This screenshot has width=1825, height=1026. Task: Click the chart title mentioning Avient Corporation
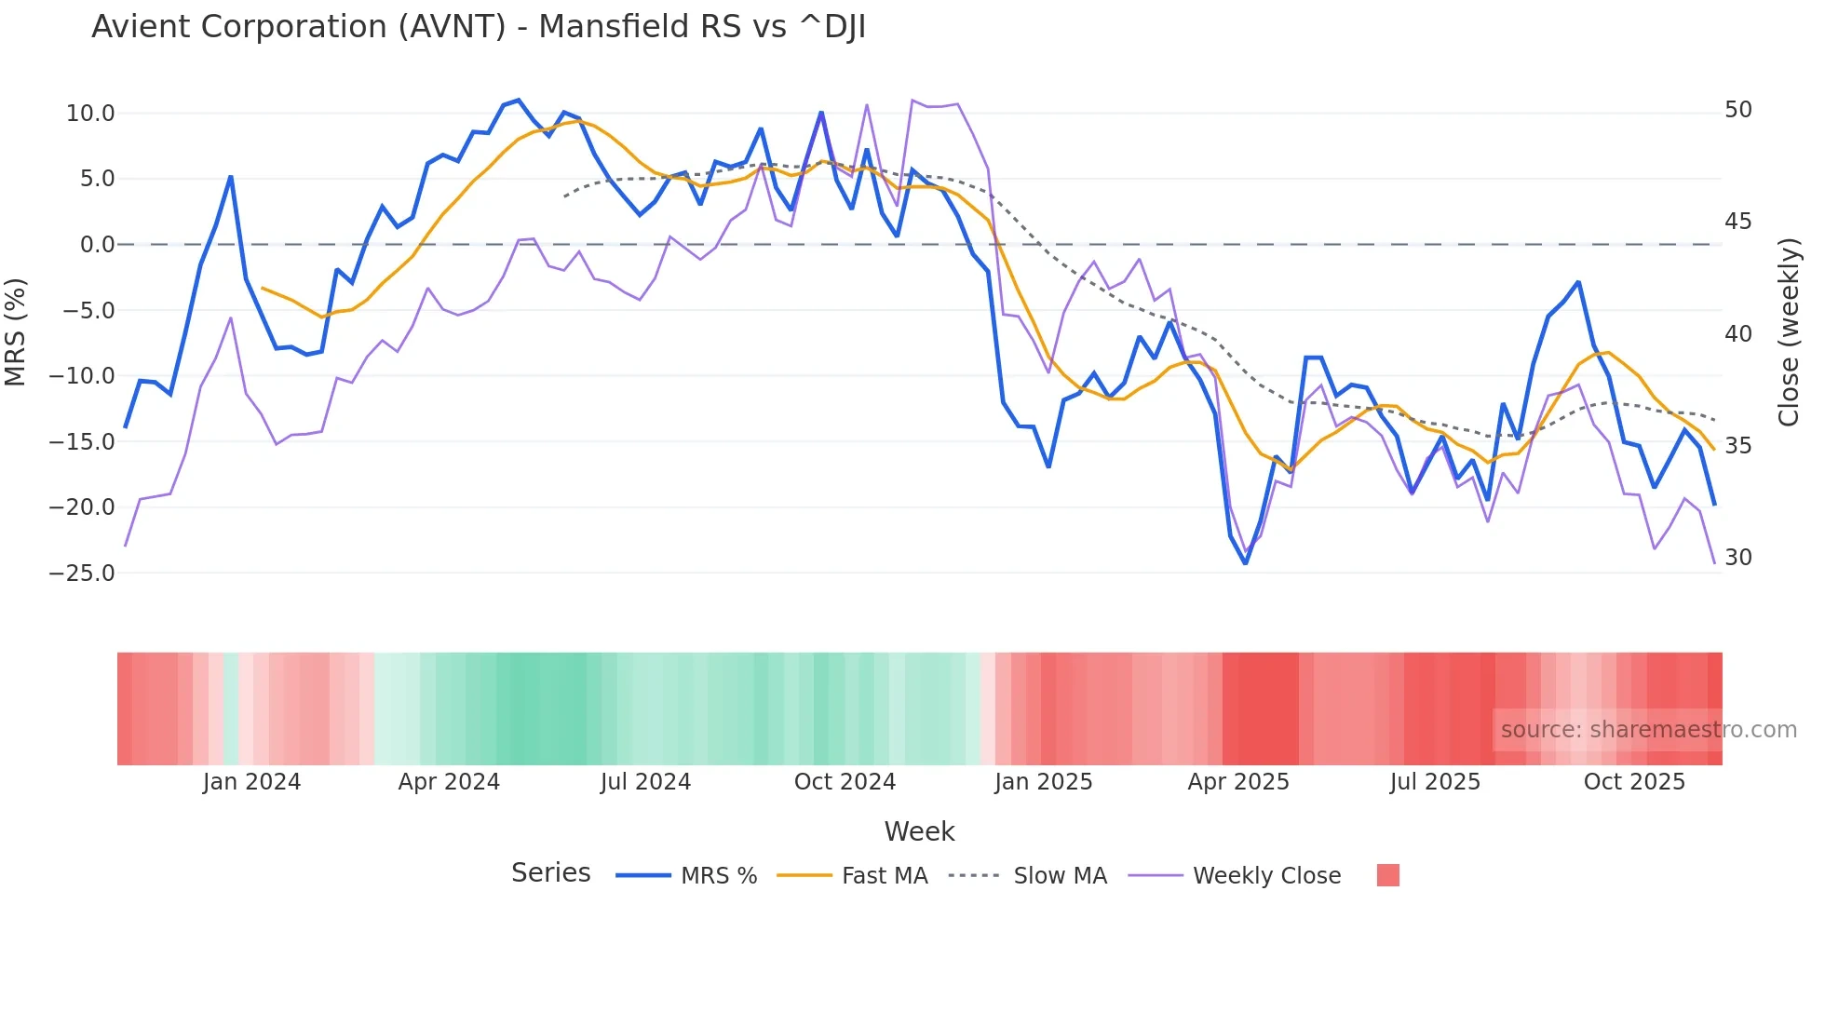pyautogui.click(x=479, y=27)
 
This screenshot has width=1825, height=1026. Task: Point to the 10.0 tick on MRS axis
pyautogui.click(x=90, y=114)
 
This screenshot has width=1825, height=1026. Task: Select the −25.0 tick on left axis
pyautogui.click(x=82, y=573)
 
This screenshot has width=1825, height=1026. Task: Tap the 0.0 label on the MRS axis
pyautogui.click(x=98, y=245)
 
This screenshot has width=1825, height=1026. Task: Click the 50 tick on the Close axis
pyautogui.click(x=1737, y=110)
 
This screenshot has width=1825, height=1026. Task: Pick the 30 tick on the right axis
pyautogui.click(x=1737, y=558)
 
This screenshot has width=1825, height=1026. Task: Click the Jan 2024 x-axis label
pyautogui.click(x=251, y=782)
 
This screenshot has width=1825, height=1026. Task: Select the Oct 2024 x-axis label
pyautogui.click(x=845, y=782)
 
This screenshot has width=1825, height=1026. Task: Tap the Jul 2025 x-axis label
pyautogui.click(x=1435, y=782)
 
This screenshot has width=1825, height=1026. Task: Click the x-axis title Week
pyautogui.click(x=919, y=831)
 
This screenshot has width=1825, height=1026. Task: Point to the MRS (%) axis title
pyautogui.click(x=16, y=331)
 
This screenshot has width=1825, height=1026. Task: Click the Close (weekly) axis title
pyautogui.click(x=1789, y=331)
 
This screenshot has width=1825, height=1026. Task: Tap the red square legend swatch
pyautogui.click(x=1387, y=875)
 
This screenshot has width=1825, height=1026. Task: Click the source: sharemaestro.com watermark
pyautogui.click(x=1648, y=730)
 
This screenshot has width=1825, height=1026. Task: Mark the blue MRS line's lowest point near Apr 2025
pyautogui.click(x=1246, y=562)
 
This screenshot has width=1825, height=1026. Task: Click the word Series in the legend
pyautogui.click(x=550, y=873)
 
